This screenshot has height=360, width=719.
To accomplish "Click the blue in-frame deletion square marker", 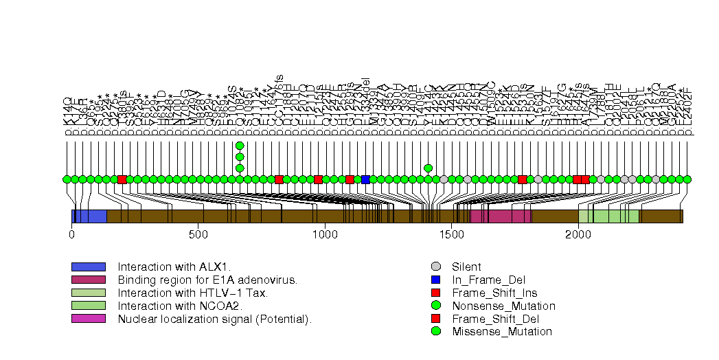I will click(365, 179).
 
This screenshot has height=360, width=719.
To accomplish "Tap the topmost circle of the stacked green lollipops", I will click(240, 146).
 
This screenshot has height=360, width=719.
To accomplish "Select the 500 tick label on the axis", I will click(198, 234).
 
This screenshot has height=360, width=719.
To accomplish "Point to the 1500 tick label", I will click(451, 234).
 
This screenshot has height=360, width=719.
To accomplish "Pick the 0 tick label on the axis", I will click(71, 234).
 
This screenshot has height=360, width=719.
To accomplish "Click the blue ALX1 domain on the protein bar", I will click(89, 216).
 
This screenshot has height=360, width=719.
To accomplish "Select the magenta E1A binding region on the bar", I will click(500, 216).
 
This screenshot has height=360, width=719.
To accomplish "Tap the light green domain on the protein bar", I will click(608, 216).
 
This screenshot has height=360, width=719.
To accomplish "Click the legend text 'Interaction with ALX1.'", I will click(174, 267).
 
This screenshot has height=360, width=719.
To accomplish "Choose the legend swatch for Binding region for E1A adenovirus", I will click(88, 280).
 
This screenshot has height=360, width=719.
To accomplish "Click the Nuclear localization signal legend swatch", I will click(88, 319).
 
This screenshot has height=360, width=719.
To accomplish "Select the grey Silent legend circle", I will click(435, 267).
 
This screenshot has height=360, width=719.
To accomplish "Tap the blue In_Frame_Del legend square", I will click(435, 280).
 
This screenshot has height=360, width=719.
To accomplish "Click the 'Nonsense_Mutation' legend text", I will click(503, 306).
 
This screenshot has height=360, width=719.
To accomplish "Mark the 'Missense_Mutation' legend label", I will click(502, 332).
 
